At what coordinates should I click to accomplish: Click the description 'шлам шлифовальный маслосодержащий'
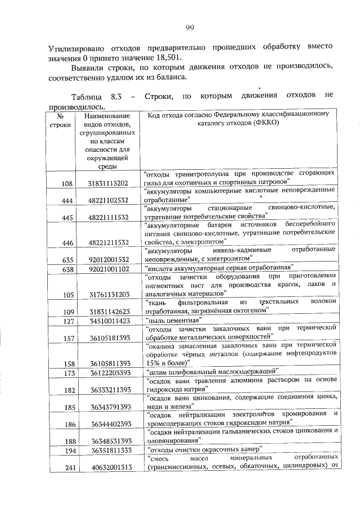tap(210, 372)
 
